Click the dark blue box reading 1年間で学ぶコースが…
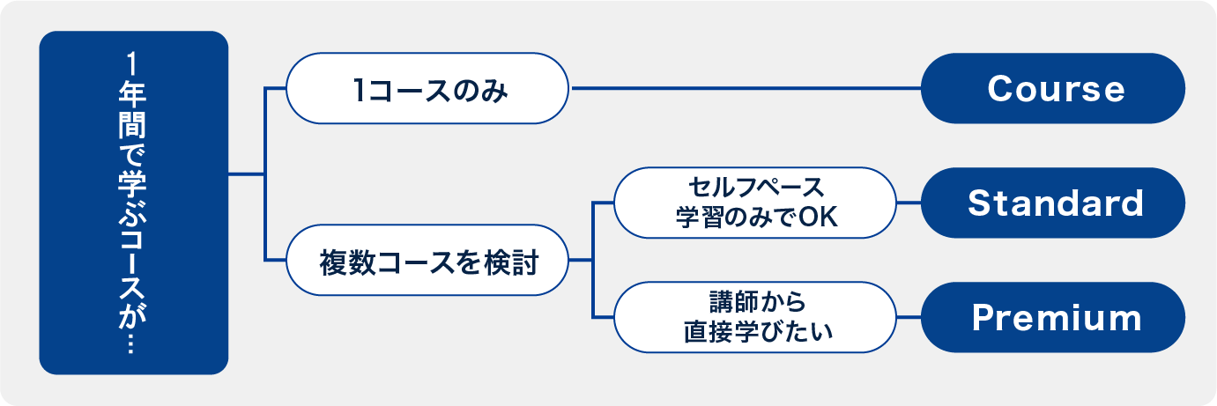pos(134,203)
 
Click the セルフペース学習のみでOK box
pos(754,203)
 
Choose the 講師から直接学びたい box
pos(754,317)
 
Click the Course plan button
pos(1053,89)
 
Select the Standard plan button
pos(1053,203)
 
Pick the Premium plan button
pos(1053,318)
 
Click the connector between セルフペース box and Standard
pos(909,203)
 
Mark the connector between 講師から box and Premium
pos(909,317)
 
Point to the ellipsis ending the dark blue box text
pos(134,345)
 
